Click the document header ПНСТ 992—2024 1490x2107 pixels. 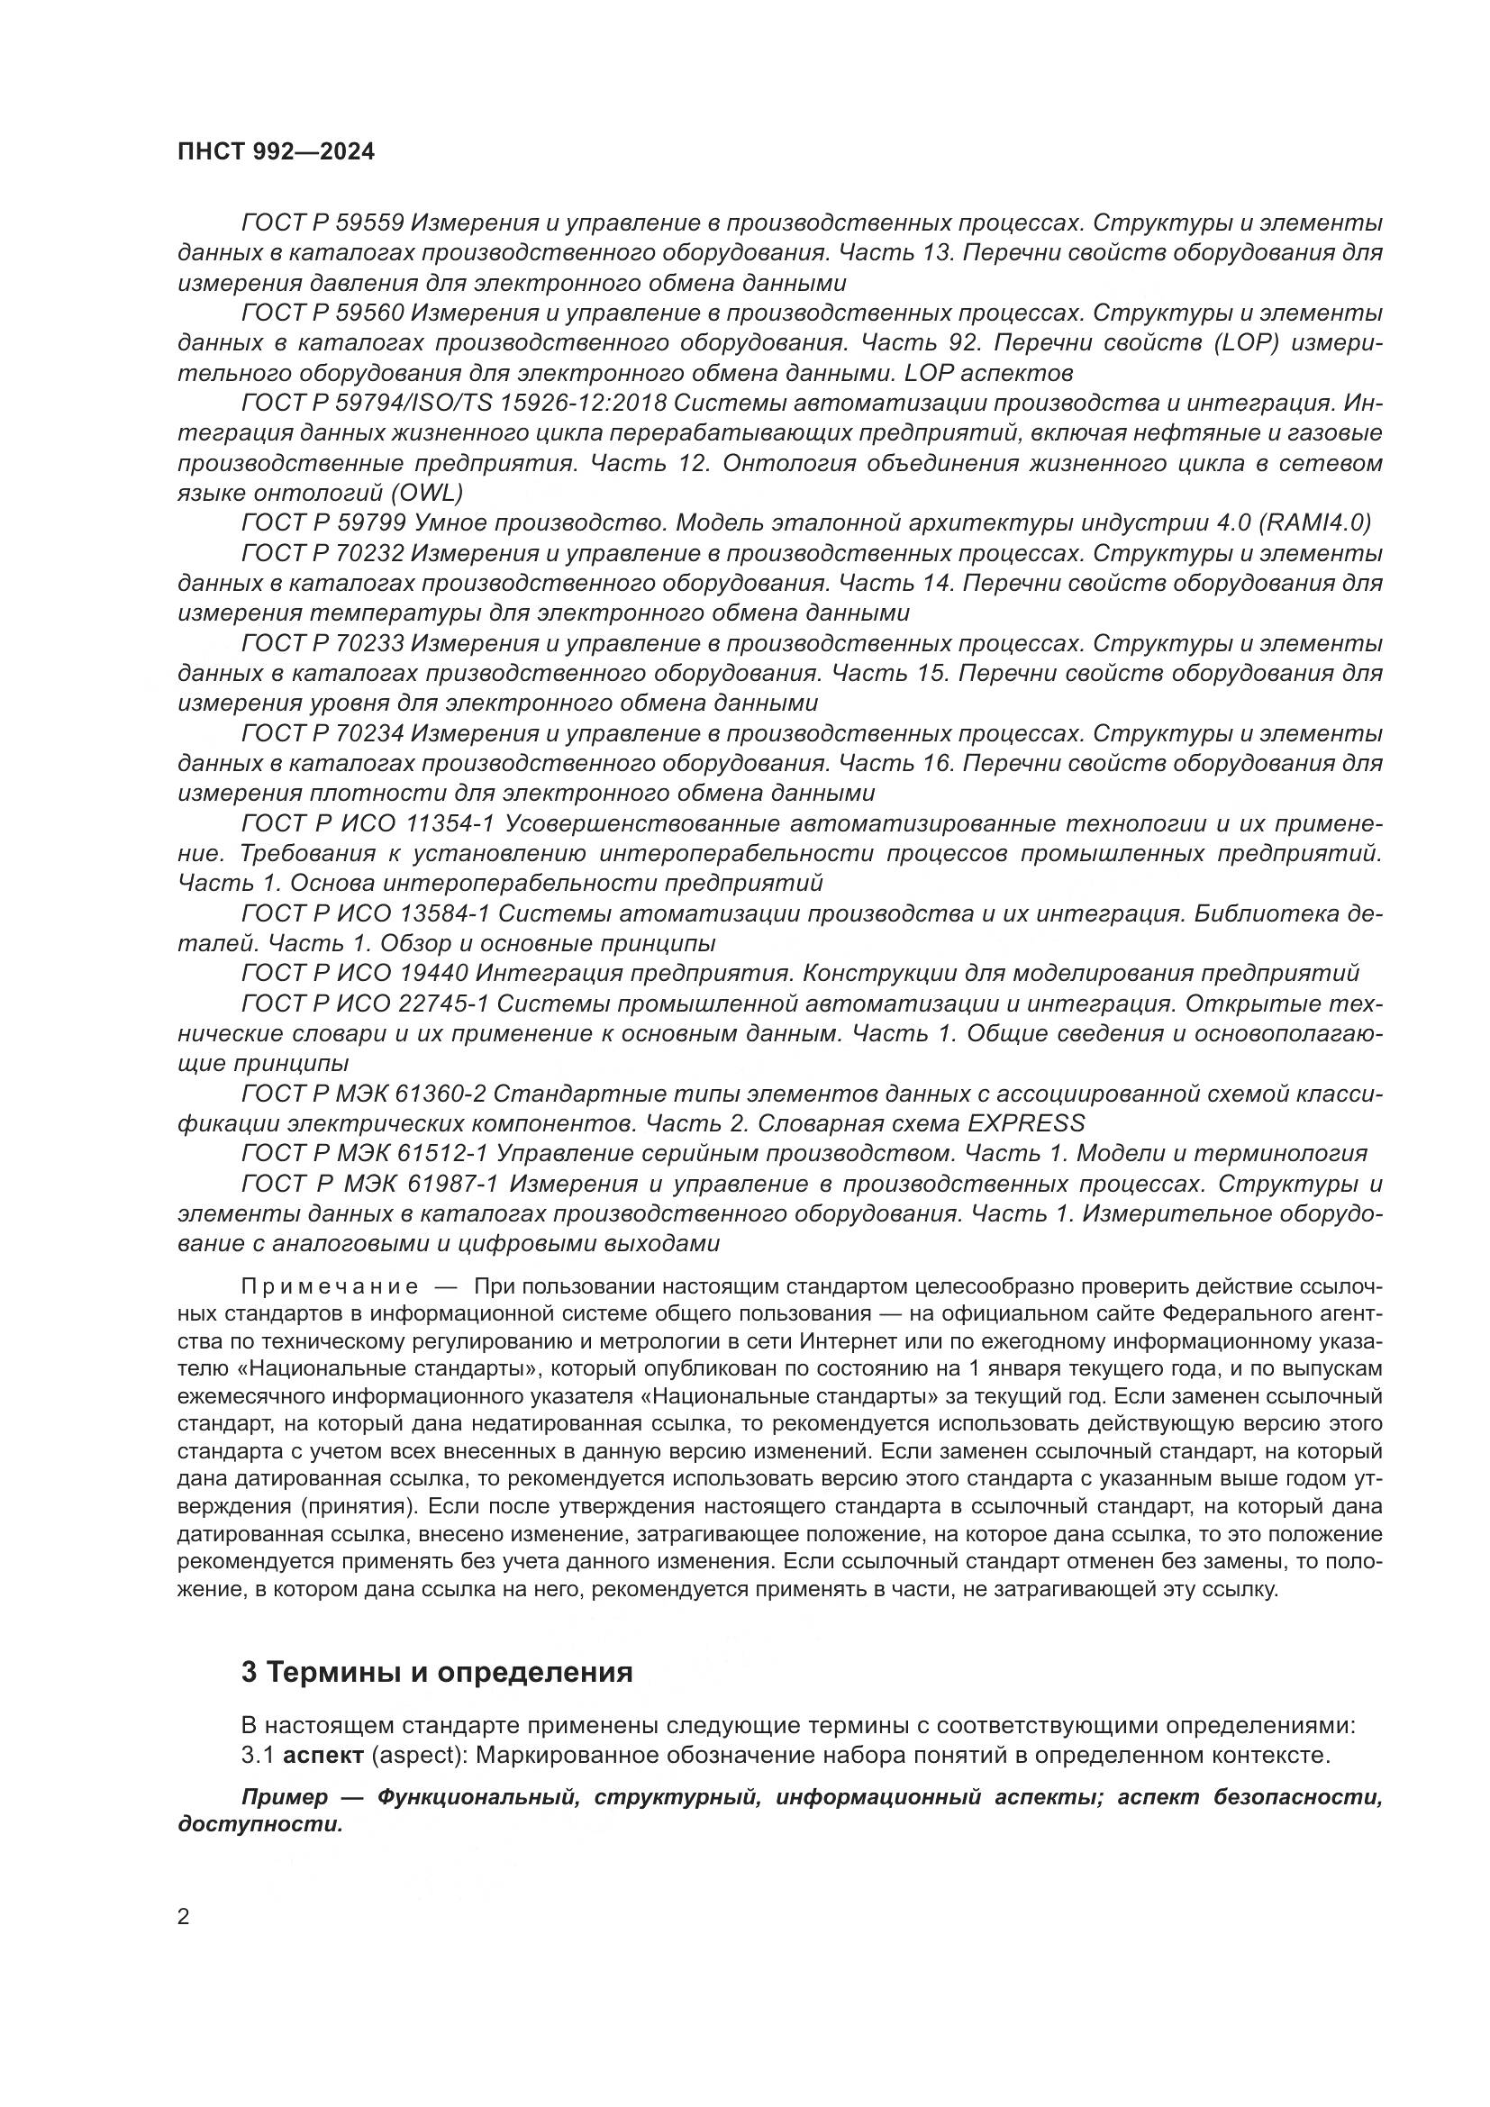tap(276, 152)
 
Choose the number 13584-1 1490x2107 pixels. tap(446, 913)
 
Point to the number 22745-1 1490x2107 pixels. tap(446, 1003)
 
